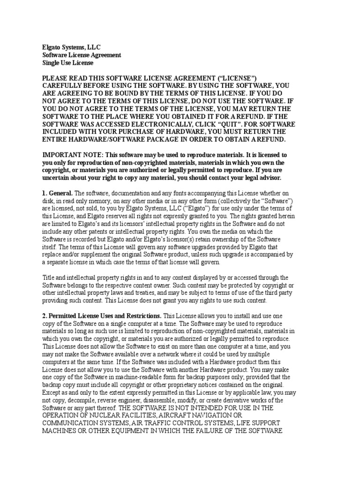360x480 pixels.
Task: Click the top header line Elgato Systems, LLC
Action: click(71, 47)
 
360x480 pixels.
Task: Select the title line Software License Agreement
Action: click(82, 55)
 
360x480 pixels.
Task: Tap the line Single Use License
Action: click(68, 63)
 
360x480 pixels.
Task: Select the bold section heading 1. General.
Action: click(58, 193)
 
